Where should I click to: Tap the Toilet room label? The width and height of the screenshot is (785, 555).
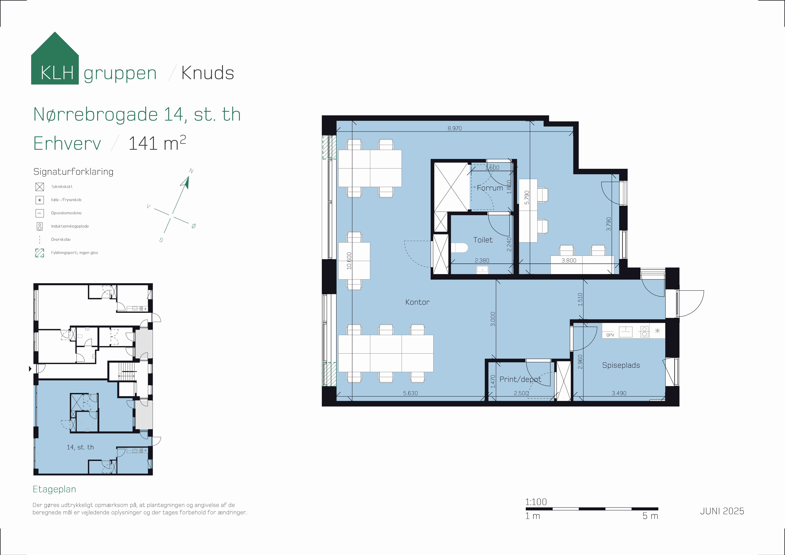[x=483, y=240]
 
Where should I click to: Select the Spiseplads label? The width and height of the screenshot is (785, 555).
[x=621, y=365]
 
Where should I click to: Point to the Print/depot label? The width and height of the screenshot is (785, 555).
[x=520, y=379]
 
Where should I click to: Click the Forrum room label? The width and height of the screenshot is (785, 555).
[x=490, y=188]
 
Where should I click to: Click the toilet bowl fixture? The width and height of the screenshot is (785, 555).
[x=459, y=248]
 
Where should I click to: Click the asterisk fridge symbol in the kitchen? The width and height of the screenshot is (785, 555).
[x=657, y=331]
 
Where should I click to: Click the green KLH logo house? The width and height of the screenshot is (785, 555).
[x=55, y=58]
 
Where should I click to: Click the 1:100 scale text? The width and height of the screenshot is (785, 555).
[x=536, y=502]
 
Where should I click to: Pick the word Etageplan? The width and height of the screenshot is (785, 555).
[x=54, y=489]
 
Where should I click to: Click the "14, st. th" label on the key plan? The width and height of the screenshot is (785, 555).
[x=80, y=447]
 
